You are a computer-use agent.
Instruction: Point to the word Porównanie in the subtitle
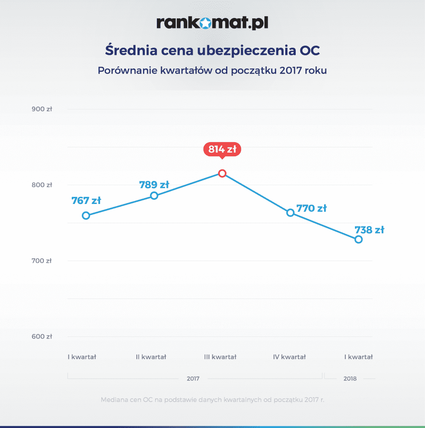(127, 70)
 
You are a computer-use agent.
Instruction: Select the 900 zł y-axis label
(42, 109)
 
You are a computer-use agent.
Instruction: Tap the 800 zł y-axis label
(42, 185)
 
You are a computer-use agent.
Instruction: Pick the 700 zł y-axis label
(42, 261)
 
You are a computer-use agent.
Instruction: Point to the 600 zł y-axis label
(42, 336)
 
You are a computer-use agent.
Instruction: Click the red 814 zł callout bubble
(222, 149)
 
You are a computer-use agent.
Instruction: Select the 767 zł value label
(86, 201)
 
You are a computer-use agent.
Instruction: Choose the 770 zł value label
(311, 208)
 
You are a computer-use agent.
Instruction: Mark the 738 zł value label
(369, 230)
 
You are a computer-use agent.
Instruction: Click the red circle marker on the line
(222, 173)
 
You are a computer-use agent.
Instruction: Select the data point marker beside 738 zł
(358, 239)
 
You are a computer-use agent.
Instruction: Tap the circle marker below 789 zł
(154, 196)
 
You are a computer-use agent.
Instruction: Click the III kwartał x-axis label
(220, 357)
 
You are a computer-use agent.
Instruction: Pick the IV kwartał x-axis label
(289, 357)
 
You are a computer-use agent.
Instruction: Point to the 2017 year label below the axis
(193, 379)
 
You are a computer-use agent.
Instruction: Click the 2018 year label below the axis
(350, 379)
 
